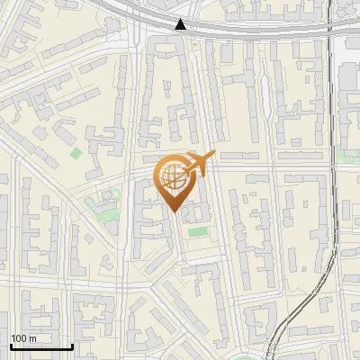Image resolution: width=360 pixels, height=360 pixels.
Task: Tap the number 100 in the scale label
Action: coord(19,338)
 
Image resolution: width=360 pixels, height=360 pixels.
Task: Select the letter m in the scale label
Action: coord(32,338)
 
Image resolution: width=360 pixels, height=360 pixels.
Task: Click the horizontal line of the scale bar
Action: coord(41,346)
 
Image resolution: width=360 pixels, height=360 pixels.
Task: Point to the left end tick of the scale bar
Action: coord(11,345)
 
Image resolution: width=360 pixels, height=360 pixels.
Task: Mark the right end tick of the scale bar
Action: coord(72,345)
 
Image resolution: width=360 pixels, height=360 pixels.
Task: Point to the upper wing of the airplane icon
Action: coord(199,155)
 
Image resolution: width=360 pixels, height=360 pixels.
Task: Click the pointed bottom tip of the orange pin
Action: coord(174,211)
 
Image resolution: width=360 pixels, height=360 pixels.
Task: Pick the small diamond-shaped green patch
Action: coord(76,153)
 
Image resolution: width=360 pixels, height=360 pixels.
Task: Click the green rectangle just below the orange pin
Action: coord(197,233)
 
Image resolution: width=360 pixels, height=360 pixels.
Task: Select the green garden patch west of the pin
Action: coord(106,211)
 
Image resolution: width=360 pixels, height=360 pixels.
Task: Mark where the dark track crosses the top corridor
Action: coord(330,27)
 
